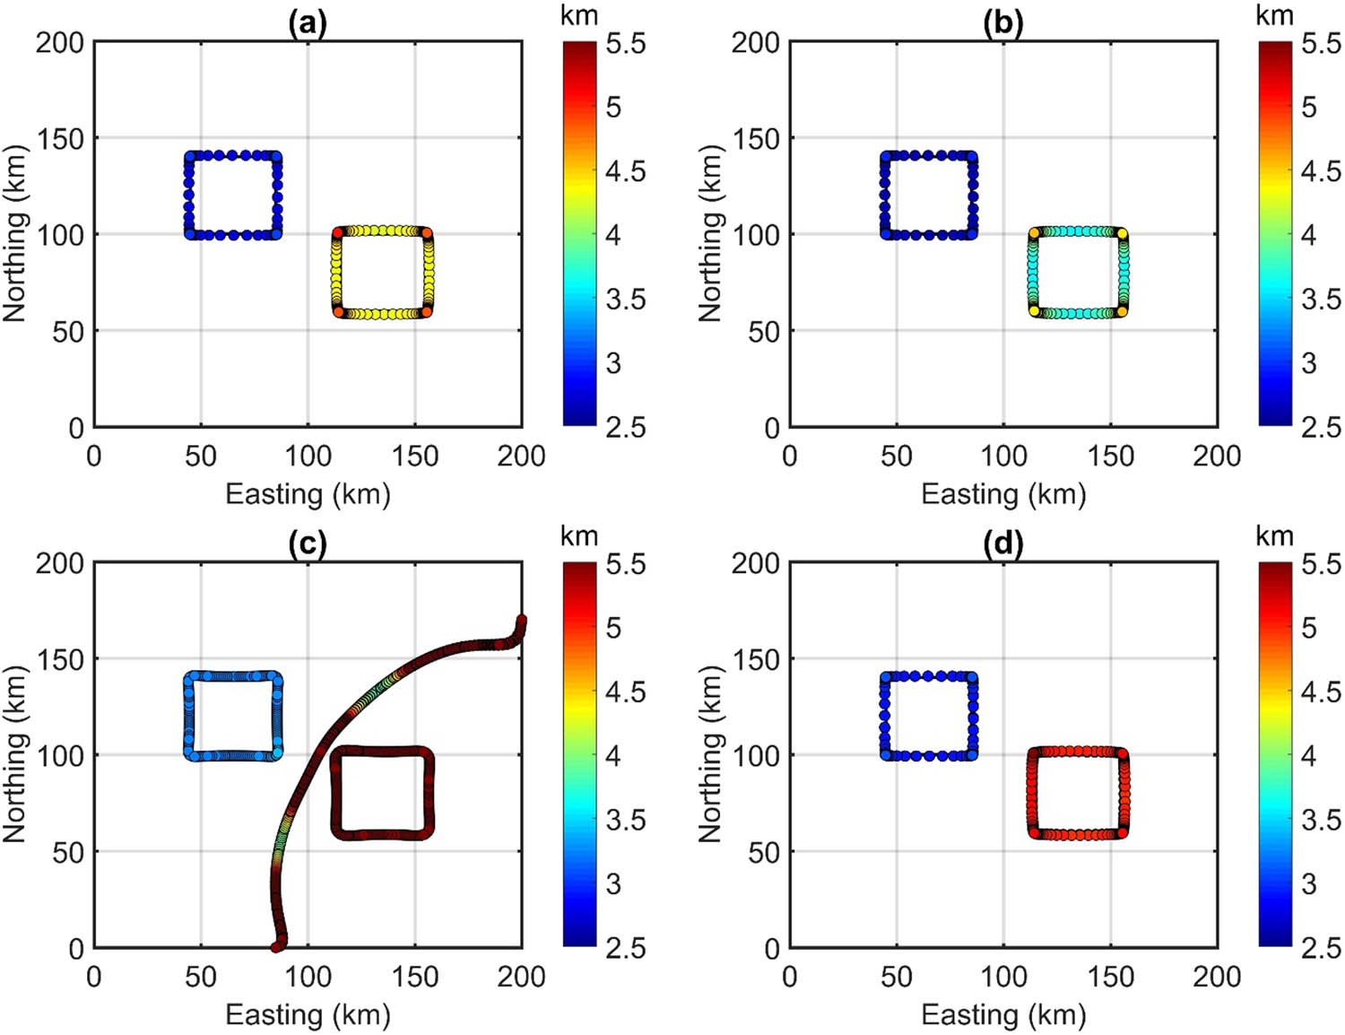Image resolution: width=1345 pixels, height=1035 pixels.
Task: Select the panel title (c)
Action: point(308,544)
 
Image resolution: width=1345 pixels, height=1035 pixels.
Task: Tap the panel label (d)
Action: point(1002,544)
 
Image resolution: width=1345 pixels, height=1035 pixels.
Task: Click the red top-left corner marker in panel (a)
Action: point(338,233)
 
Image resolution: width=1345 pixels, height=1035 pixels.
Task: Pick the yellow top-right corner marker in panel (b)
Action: point(1122,233)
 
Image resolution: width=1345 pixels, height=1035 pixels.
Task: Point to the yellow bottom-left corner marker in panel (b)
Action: point(1034,311)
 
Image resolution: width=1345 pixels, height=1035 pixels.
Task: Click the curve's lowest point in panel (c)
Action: point(276,946)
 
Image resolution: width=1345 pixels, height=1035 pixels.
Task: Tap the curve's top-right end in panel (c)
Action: point(521,620)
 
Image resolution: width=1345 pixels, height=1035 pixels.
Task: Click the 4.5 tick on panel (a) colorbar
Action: point(625,170)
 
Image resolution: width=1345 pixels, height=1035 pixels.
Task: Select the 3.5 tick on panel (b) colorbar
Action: point(1321,299)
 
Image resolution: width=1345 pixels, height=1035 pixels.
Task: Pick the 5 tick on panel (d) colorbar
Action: point(1309,628)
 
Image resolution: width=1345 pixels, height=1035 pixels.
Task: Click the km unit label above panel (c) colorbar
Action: point(578,536)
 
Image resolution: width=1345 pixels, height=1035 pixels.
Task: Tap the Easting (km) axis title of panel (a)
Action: point(308,494)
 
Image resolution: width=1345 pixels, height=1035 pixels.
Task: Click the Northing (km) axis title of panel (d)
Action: point(710,754)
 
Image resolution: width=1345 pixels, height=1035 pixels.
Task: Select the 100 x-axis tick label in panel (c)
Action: point(308,976)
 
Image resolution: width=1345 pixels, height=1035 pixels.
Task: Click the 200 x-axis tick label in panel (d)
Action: point(1217,976)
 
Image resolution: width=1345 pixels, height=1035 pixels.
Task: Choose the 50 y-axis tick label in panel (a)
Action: point(68,332)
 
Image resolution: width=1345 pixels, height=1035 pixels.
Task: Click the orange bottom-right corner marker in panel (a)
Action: point(427,311)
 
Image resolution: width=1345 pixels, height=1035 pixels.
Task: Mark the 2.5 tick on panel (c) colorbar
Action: point(625,947)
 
